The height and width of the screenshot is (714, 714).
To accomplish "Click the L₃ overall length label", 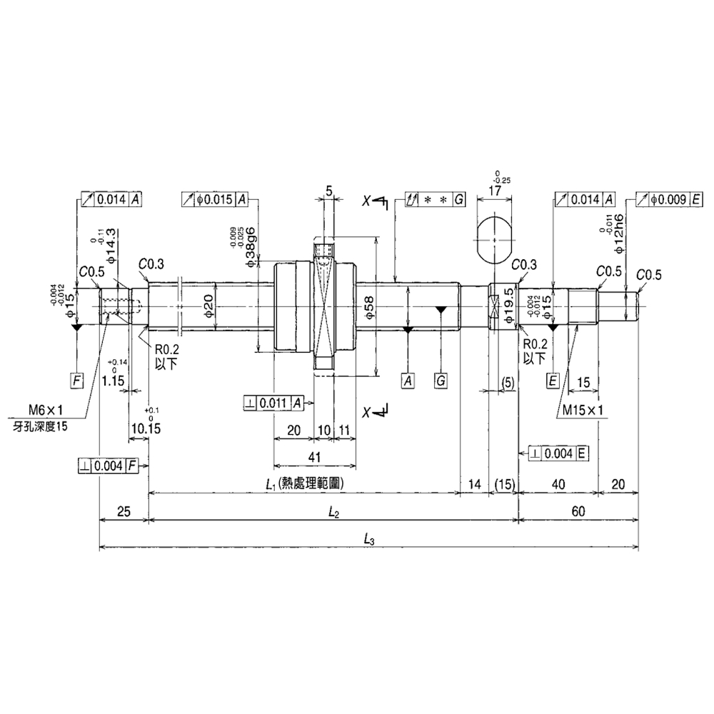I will (369, 540).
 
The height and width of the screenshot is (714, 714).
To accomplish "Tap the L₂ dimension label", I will (333, 512).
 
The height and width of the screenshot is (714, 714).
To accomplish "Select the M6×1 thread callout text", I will (46, 410).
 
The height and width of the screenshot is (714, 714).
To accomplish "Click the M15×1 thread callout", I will (583, 410).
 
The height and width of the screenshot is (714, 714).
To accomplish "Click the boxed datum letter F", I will (77, 379).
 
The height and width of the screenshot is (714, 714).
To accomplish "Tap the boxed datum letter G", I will (441, 380).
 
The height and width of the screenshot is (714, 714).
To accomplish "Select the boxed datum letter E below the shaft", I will (552, 380).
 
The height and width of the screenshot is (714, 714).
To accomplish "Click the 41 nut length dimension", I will (315, 456).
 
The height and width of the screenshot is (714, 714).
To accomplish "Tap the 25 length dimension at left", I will (123, 512).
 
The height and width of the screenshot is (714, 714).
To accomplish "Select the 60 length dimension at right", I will (578, 512).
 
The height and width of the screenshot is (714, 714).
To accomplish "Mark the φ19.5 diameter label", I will (508, 306).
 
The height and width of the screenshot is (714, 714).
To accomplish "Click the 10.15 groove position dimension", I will (146, 428).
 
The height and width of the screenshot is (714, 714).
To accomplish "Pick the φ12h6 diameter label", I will (619, 231).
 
